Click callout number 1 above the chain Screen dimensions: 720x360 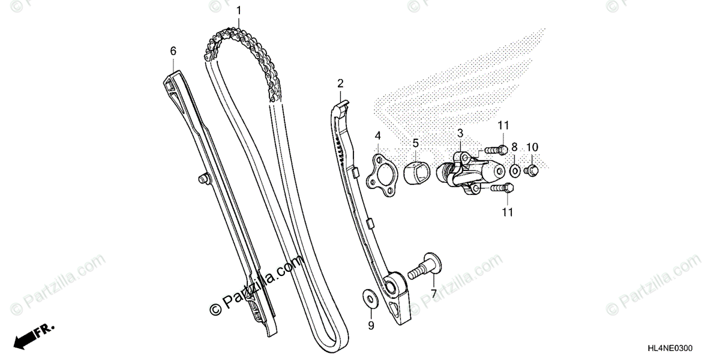point(239,10)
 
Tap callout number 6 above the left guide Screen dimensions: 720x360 point(173,51)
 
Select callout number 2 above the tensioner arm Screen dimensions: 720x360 point(340,83)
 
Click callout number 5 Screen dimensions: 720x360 point(415,143)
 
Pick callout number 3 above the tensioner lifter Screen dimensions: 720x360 point(460,133)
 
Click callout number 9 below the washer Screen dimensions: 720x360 point(371,326)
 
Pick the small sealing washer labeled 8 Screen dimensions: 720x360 point(515,171)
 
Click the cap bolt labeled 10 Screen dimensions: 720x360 point(530,172)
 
